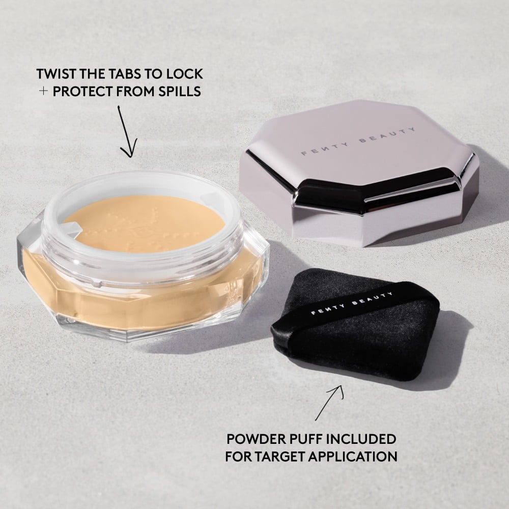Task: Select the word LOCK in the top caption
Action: pos(184,74)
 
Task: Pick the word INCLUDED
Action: pos(365,438)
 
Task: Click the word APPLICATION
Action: pos(357,456)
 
